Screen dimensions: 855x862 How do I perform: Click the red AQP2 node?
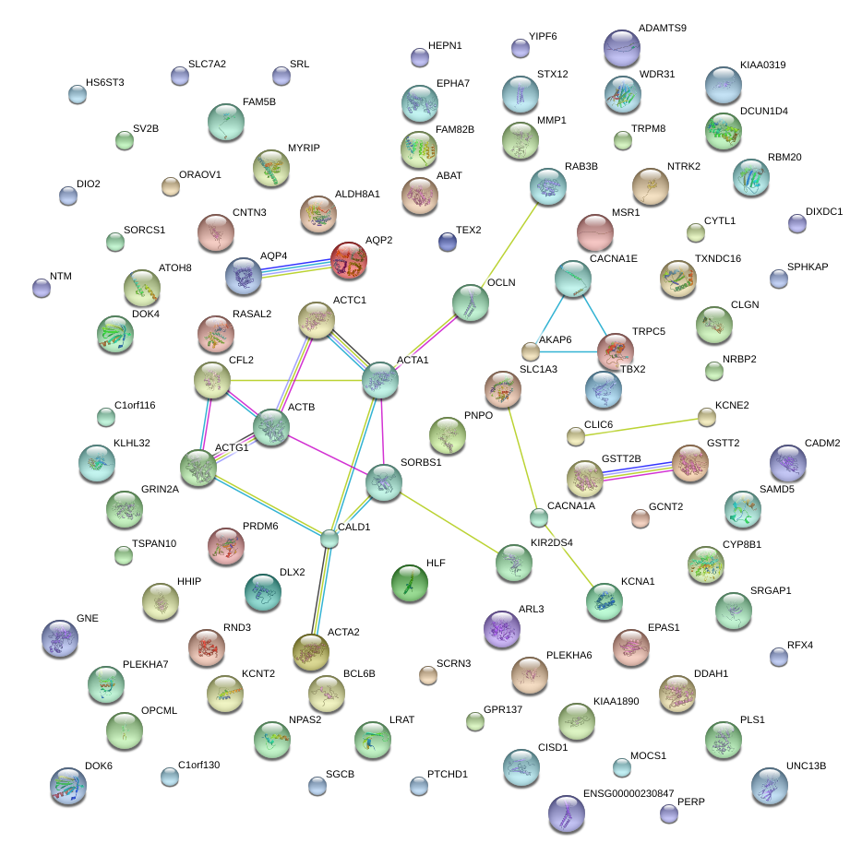tap(349, 260)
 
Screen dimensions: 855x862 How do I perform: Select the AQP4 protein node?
tap(245, 275)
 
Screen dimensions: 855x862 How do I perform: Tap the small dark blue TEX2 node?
tap(448, 242)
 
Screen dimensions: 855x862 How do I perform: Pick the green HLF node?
tap(410, 582)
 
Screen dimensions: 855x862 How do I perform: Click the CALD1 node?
tap(330, 539)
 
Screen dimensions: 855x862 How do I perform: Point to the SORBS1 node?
tap(384, 482)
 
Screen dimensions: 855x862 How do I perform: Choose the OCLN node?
tap(471, 303)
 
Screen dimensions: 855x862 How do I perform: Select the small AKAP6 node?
tap(531, 351)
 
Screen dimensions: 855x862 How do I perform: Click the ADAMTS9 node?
tap(621, 48)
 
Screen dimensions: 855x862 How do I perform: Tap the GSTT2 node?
tap(689, 463)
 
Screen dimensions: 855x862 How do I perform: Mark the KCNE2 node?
tap(707, 418)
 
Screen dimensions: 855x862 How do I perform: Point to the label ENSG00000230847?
tap(629, 793)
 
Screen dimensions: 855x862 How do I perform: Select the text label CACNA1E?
tap(614, 259)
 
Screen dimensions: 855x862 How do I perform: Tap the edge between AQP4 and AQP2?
tap(296, 267)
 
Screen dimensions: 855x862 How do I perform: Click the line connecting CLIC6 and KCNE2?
tap(641, 426)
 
